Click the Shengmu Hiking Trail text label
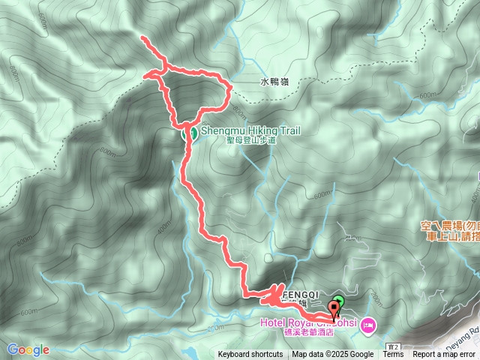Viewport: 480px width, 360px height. [x=250, y=130]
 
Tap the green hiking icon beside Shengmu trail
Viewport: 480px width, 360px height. [x=191, y=133]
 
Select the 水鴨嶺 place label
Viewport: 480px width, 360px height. [x=274, y=82]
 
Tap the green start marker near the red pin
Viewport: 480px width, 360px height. [x=338, y=301]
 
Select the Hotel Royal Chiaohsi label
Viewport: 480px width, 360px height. [x=307, y=323]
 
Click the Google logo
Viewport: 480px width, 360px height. [x=28, y=349]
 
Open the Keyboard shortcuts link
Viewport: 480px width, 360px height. [x=250, y=355]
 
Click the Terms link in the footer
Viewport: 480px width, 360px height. [x=393, y=355]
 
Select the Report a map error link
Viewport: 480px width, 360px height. [x=444, y=355]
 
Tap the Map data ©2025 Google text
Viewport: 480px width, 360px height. [x=333, y=355]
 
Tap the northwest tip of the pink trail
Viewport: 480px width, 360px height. [x=142, y=37]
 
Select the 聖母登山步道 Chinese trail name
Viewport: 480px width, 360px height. [x=250, y=140]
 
